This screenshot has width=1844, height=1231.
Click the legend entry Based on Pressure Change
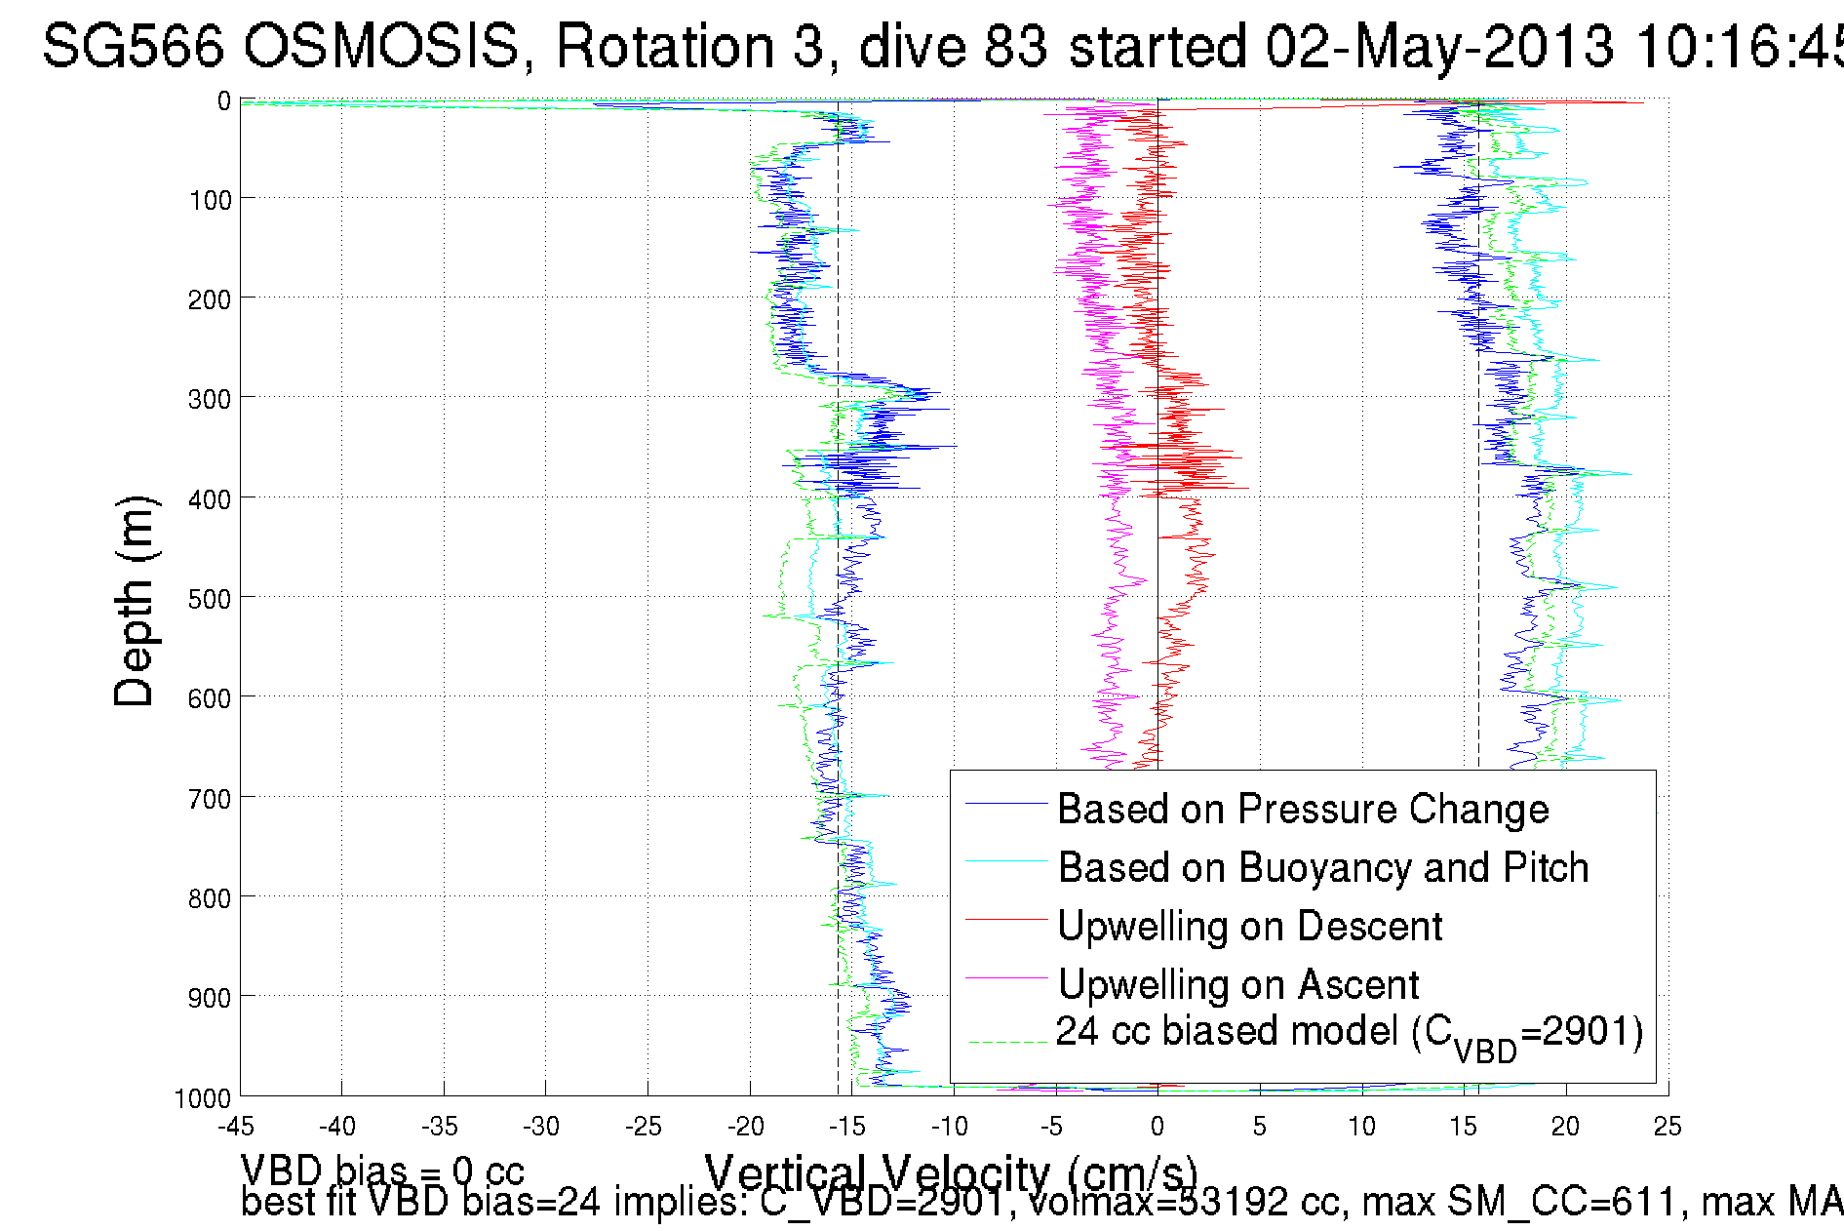(1303, 810)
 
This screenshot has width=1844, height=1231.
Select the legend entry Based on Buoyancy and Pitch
(1323, 868)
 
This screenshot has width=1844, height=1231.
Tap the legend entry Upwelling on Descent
(1250, 927)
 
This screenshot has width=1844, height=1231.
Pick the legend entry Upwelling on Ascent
(1238, 985)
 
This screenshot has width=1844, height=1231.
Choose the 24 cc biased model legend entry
(1350, 1034)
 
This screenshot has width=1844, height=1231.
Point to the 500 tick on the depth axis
(210, 599)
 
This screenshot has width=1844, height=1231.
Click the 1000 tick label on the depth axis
(203, 1099)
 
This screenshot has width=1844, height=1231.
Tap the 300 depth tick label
(210, 399)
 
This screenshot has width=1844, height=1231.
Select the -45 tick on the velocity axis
(237, 1127)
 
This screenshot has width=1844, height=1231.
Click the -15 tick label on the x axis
(847, 1127)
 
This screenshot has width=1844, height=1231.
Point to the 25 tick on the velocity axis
(1667, 1127)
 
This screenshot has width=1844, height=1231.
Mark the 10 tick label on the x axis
(1361, 1127)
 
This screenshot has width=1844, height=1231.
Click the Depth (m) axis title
(135, 601)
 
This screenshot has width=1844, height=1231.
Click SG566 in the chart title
(134, 46)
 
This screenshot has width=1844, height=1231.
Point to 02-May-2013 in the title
(1439, 46)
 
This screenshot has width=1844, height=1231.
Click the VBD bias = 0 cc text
(382, 1170)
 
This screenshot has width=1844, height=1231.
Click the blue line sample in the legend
(1005, 803)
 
